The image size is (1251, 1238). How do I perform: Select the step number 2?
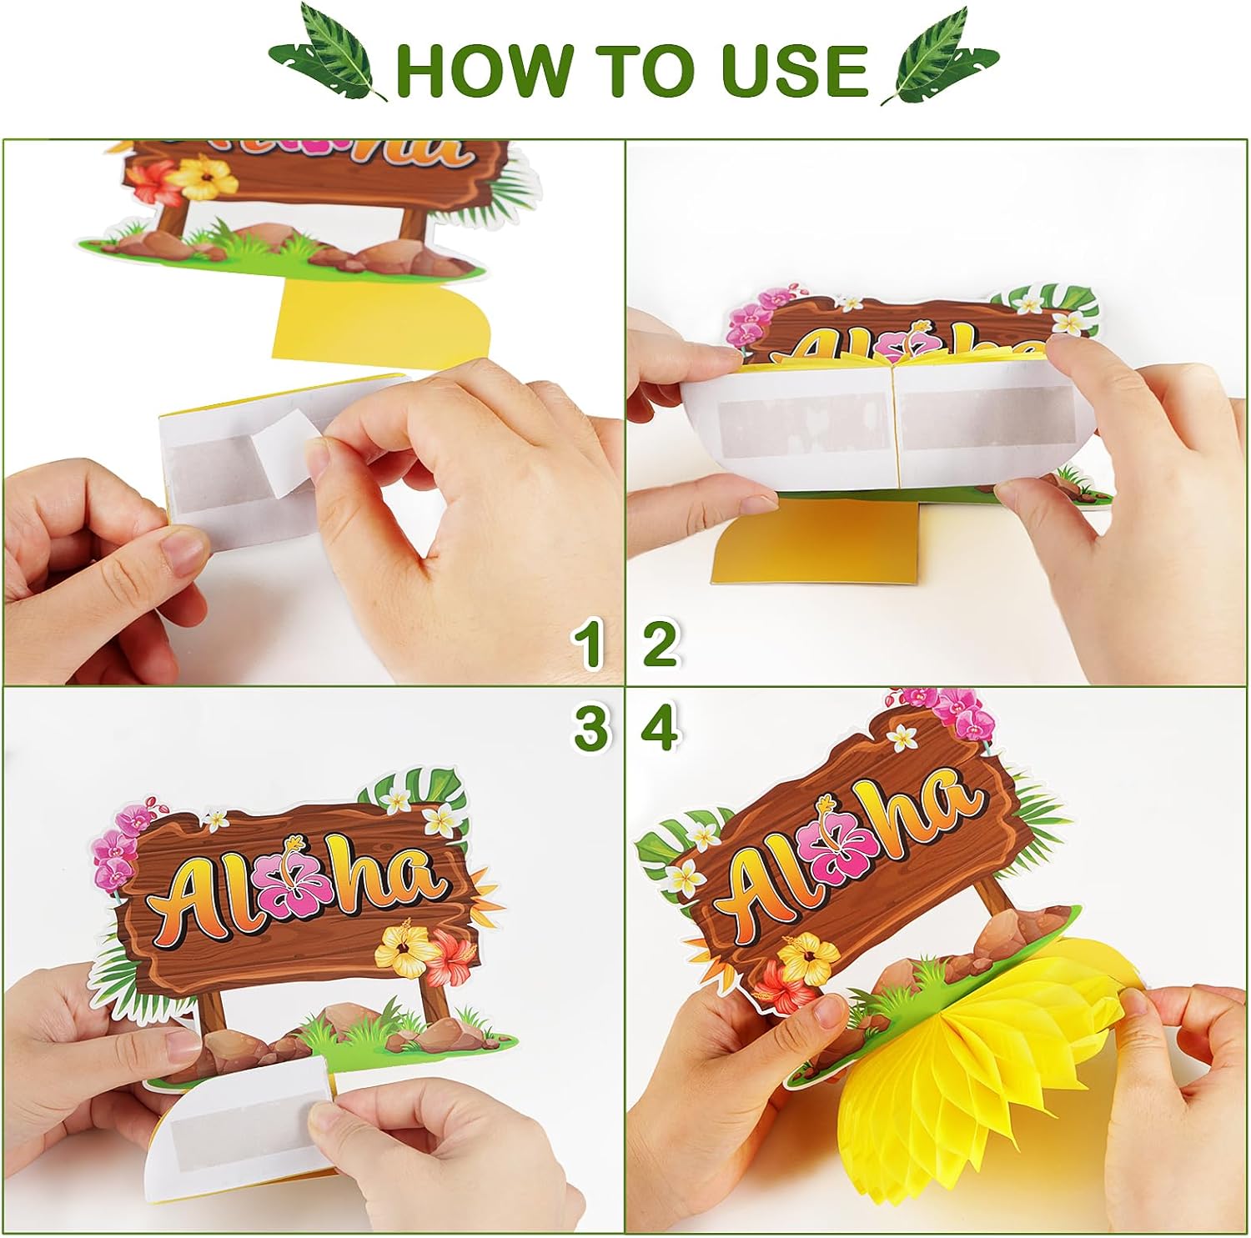tap(661, 644)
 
